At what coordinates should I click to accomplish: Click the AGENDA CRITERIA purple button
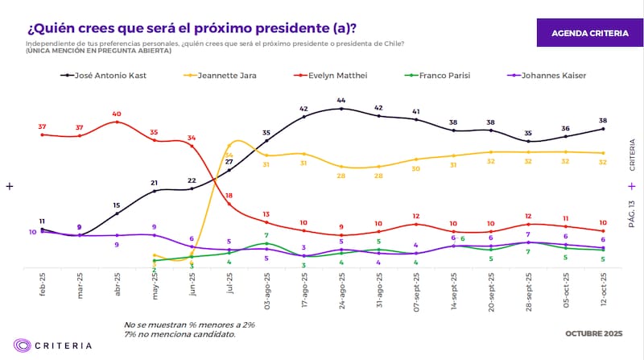[x=589, y=33]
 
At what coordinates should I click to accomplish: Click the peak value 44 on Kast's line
[x=341, y=99]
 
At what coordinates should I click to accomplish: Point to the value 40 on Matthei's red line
[x=117, y=114]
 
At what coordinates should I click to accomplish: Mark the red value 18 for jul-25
[x=229, y=196]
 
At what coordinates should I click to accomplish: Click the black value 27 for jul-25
[x=229, y=161]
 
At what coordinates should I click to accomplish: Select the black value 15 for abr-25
[x=117, y=205]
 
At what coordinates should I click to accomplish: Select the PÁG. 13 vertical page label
[x=631, y=213]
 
